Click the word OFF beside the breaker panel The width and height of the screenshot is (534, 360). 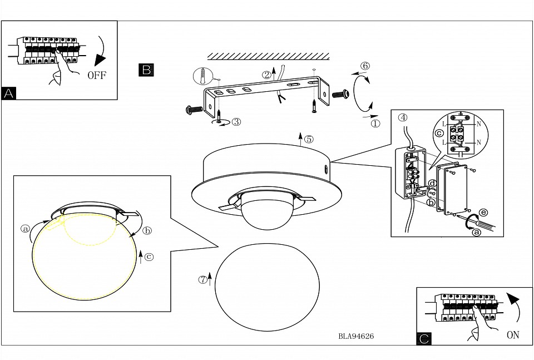click(x=96, y=76)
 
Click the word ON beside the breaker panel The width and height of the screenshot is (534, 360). click(x=513, y=335)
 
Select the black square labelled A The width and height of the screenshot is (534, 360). click(x=9, y=93)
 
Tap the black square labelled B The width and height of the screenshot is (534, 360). click(x=146, y=70)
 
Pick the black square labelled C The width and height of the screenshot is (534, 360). click(x=424, y=338)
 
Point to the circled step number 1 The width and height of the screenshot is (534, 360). click(x=375, y=124)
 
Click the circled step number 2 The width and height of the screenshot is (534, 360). click(x=267, y=74)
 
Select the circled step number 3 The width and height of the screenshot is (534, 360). click(x=236, y=121)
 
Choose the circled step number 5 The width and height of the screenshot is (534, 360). click(x=309, y=139)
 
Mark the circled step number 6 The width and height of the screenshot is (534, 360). click(x=364, y=66)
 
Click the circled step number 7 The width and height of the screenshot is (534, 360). click(x=202, y=279)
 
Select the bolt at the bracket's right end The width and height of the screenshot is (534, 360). click(x=340, y=94)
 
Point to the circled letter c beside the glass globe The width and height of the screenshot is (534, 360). click(x=149, y=257)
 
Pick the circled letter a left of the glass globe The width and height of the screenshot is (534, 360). click(x=24, y=228)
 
